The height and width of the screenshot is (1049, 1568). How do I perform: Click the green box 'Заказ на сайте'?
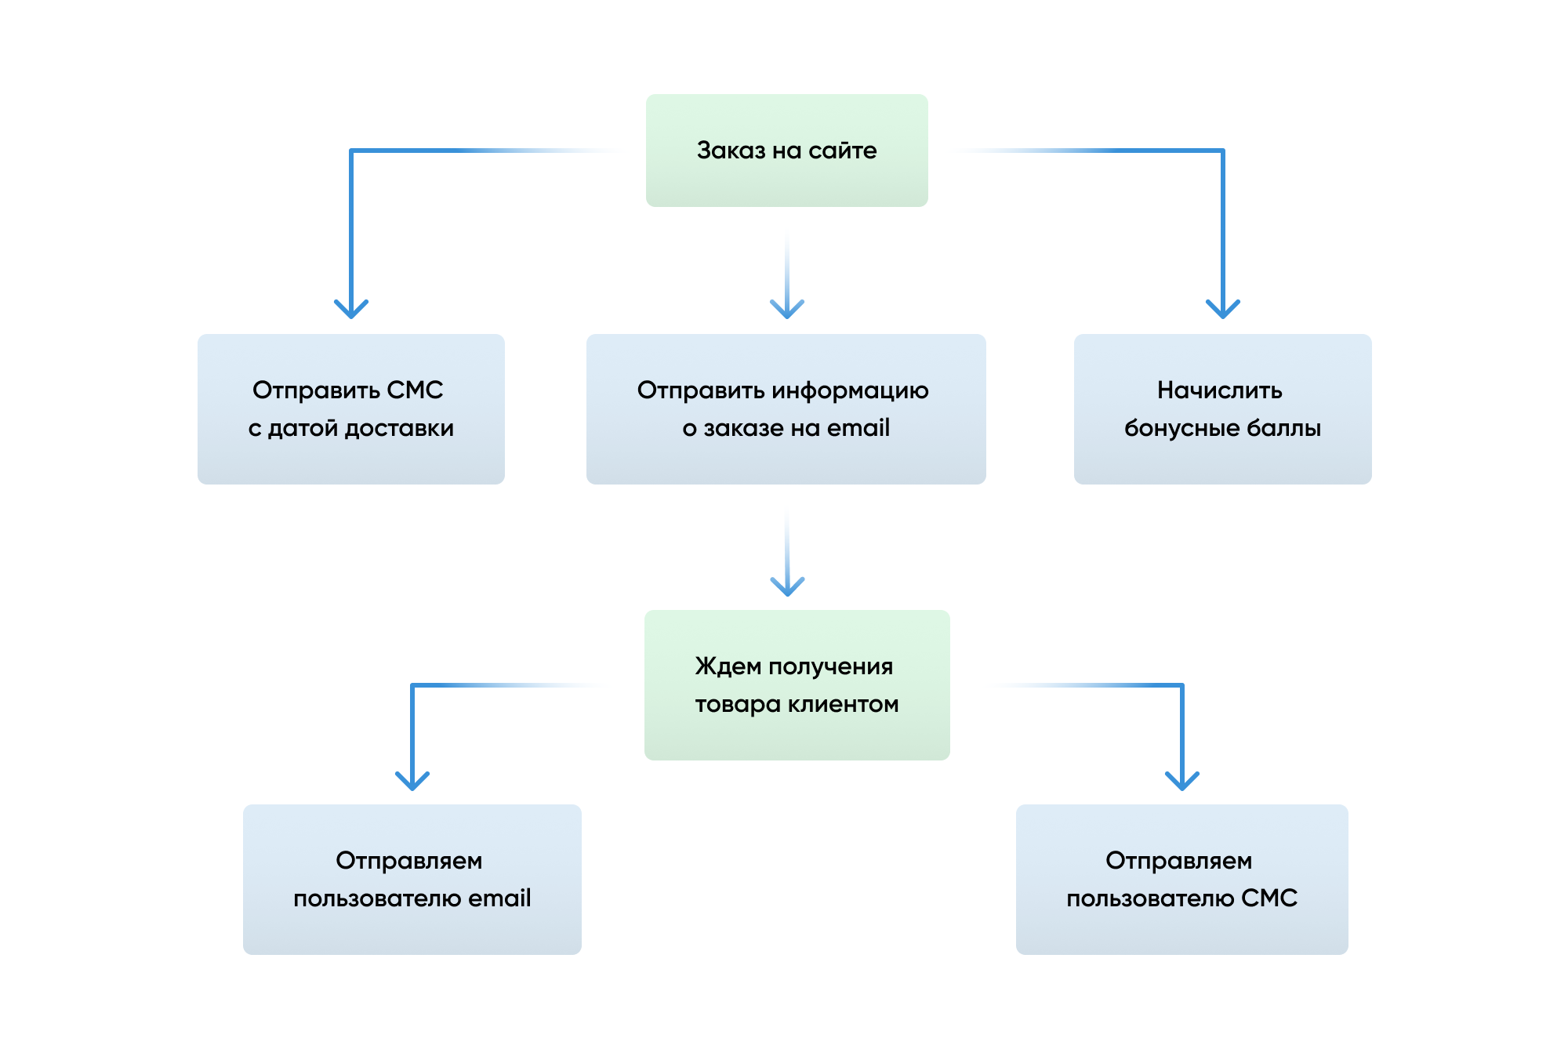click(x=786, y=151)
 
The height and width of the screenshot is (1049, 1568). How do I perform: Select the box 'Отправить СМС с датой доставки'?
click(x=351, y=408)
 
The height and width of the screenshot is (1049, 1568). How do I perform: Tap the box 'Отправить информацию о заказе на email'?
click(x=786, y=408)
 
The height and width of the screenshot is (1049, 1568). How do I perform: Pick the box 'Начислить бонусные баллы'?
click(x=1223, y=408)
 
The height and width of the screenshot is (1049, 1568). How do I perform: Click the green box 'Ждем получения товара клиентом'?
click(x=797, y=684)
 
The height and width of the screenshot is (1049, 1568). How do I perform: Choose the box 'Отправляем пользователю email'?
click(x=412, y=879)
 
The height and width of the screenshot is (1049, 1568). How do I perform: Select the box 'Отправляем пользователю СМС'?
click(x=1182, y=879)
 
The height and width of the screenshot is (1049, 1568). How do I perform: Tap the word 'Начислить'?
click(x=1220, y=390)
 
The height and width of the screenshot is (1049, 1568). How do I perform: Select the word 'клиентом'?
click(x=843, y=704)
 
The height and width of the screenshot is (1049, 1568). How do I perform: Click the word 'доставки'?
click(x=399, y=429)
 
